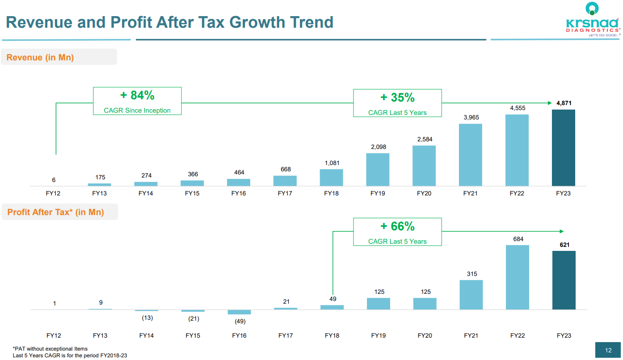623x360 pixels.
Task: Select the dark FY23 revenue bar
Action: tap(563, 148)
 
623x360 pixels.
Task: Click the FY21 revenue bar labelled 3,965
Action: tap(470, 155)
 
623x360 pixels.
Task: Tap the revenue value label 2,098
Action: tap(378, 147)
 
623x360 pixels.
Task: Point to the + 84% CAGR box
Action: tap(137, 101)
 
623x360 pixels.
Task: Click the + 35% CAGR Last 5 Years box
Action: tap(397, 103)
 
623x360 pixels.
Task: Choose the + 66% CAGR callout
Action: tap(397, 232)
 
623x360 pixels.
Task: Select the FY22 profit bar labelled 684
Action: tap(517, 277)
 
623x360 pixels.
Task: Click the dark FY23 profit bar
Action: tap(564, 280)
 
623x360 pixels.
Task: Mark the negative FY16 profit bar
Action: tap(239, 312)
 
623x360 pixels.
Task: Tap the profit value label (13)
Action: tap(147, 318)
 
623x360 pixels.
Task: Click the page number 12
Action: tap(608, 351)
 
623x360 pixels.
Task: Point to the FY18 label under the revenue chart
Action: tap(332, 194)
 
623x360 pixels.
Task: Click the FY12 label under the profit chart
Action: tap(54, 335)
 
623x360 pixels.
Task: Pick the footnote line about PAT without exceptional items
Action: tap(50, 348)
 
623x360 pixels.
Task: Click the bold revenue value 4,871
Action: tap(564, 103)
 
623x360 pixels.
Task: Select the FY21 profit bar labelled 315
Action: tap(471, 295)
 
